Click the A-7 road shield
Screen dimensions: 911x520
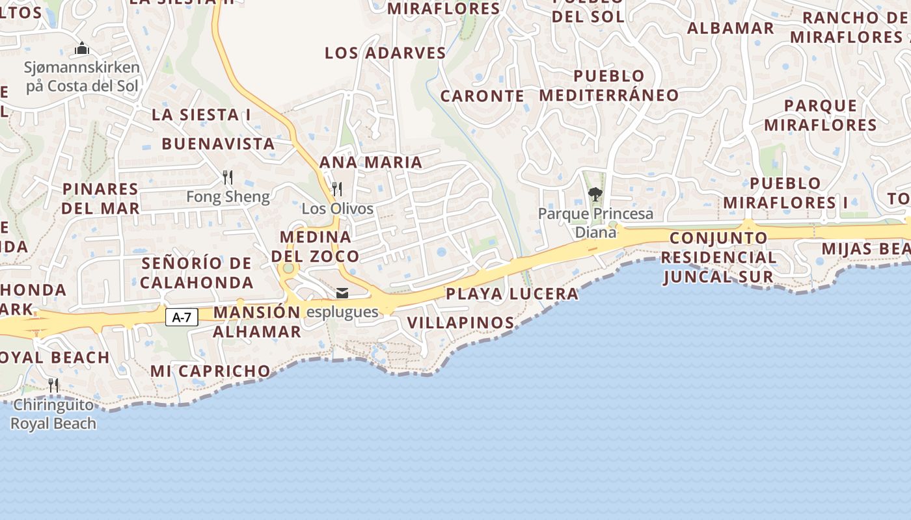(182, 317)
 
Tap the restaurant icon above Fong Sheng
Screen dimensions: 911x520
(228, 177)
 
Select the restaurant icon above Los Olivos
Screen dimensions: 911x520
(337, 189)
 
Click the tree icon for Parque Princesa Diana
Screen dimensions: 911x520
(595, 194)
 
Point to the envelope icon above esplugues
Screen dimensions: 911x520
(342, 293)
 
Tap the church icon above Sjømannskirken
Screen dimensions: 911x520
(82, 48)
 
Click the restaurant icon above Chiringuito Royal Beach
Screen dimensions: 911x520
(53, 385)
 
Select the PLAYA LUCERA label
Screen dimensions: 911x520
(512, 294)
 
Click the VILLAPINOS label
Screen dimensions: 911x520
(461, 322)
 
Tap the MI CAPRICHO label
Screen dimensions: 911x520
(210, 371)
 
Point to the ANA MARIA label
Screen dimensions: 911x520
(371, 162)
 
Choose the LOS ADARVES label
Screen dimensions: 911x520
(385, 53)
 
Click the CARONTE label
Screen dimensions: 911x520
(482, 96)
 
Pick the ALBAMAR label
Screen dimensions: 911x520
(731, 29)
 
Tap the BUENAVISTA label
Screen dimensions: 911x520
(218, 144)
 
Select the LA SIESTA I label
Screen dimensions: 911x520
(201, 115)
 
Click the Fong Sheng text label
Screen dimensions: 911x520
(228, 196)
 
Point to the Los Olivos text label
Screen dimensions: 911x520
(337, 209)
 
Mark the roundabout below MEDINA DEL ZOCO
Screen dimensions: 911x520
(288, 268)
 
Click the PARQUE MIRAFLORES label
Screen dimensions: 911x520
(821, 115)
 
